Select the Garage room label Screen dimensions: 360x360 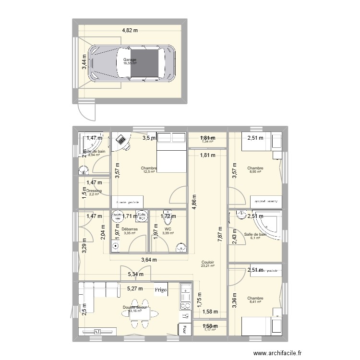pyautogui.click(x=130, y=60)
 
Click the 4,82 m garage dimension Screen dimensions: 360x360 pyautogui.click(x=130, y=30)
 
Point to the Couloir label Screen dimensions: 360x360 pyautogui.click(x=208, y=263)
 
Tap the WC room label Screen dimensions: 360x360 pyautogui.click(x=168, y=229)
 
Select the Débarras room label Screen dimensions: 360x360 pyautogui.click(x=130, y=229)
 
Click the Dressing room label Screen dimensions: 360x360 pyautogui.click(x=94, y=191)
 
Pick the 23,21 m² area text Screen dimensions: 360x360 pyautogui.click(x=208, y=266)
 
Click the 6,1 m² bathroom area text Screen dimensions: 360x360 pyautogui.click(x=255, y=238)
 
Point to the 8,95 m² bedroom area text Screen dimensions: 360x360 pyautogui.click(x=255, y=172)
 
